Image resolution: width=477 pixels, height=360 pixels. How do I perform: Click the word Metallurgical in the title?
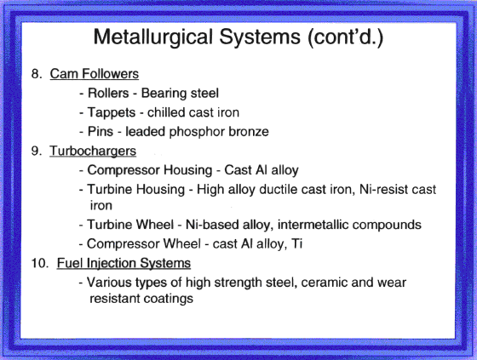(153, 37)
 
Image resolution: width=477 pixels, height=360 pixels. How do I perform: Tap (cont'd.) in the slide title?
(345, 37)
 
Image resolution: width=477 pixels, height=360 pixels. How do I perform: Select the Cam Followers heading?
(95, 74)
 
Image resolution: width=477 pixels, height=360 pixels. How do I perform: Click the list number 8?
(37, 73)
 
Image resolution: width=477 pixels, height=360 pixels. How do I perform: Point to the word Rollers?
(108, 93)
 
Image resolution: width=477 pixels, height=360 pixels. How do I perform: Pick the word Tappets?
(112, 113)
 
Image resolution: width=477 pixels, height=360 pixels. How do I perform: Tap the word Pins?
(101, 132)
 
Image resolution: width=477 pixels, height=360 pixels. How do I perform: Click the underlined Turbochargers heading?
(93, 151)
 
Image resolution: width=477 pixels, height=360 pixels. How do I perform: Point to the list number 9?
(37, 151)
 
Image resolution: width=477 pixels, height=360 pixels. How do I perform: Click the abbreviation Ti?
(296, 244)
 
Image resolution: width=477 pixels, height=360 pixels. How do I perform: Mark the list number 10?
(40, 263)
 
